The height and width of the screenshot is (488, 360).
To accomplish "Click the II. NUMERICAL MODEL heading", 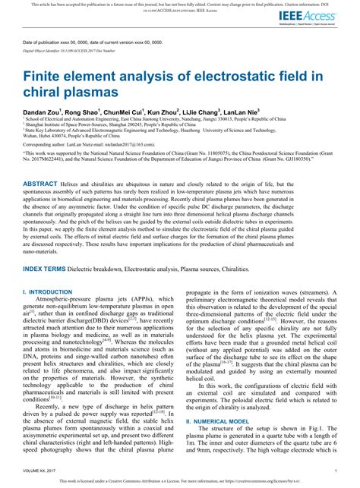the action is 219,441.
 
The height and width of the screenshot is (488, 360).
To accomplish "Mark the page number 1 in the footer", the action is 335,470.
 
